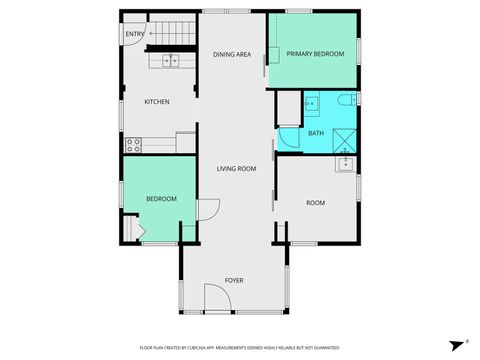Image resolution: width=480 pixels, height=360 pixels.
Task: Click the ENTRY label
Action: pos(133,35)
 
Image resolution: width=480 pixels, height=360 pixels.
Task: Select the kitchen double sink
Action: pos(171,61)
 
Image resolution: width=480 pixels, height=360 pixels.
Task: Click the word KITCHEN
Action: pos(157,102)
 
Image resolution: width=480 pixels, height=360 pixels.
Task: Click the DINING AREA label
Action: pos(231,55)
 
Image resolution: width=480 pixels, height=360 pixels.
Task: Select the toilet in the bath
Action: pos(343,100)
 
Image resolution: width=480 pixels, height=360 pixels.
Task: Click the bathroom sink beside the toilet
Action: pos(311,102)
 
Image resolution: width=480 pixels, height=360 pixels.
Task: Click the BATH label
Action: pos(315,133)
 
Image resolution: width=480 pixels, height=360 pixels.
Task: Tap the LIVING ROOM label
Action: pos(236,168)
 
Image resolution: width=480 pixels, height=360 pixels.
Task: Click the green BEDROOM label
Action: pos(161,199)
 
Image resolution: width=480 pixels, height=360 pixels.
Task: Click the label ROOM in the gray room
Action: pos(315,203)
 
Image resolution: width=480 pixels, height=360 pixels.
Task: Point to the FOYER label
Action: pos(234,280)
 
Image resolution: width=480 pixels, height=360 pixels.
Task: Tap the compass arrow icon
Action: pos(456,342)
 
